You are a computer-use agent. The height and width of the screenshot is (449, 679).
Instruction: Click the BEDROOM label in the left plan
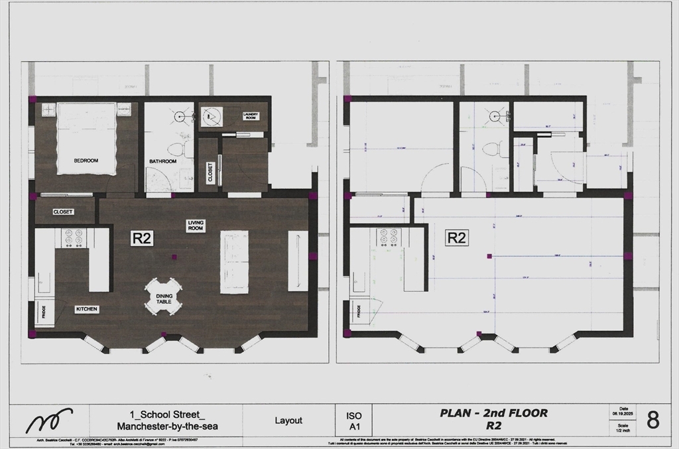[86, 160]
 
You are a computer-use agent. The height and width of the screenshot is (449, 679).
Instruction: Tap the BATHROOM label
[162, 161]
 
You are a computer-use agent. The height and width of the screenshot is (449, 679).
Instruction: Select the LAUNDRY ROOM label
[250, 116]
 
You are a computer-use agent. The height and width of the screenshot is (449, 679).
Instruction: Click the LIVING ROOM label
[196, 225]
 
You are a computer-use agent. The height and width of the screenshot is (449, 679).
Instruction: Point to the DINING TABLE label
[164, 298]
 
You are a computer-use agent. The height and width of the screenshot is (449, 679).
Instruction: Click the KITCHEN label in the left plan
[86, 309]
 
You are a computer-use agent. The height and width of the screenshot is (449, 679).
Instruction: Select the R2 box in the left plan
[142, 238]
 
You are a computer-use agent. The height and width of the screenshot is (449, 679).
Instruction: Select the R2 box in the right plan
[456, 237]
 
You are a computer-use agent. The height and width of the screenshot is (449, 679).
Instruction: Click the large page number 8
[652, 420]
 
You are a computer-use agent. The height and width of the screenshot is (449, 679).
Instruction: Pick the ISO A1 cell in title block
[354, 420]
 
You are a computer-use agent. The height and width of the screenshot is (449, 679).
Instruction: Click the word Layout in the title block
[288, 420]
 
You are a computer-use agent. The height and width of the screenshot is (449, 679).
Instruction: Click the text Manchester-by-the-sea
[167, 426]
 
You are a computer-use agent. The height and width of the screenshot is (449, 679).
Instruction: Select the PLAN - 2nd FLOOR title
[493, 413]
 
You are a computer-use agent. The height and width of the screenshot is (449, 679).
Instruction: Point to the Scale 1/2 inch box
[623, 427]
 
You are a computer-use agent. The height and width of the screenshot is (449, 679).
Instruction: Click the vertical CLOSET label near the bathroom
[210, 172]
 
